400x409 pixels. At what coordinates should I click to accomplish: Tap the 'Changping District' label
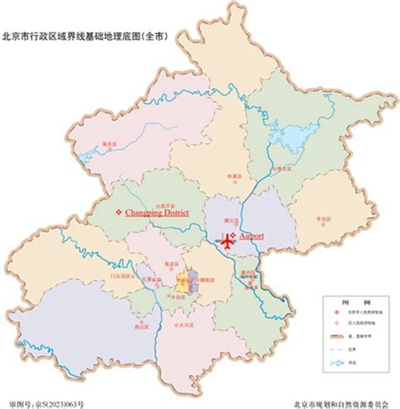coord(161,213)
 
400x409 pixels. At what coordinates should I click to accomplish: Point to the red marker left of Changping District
coord(118,213)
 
